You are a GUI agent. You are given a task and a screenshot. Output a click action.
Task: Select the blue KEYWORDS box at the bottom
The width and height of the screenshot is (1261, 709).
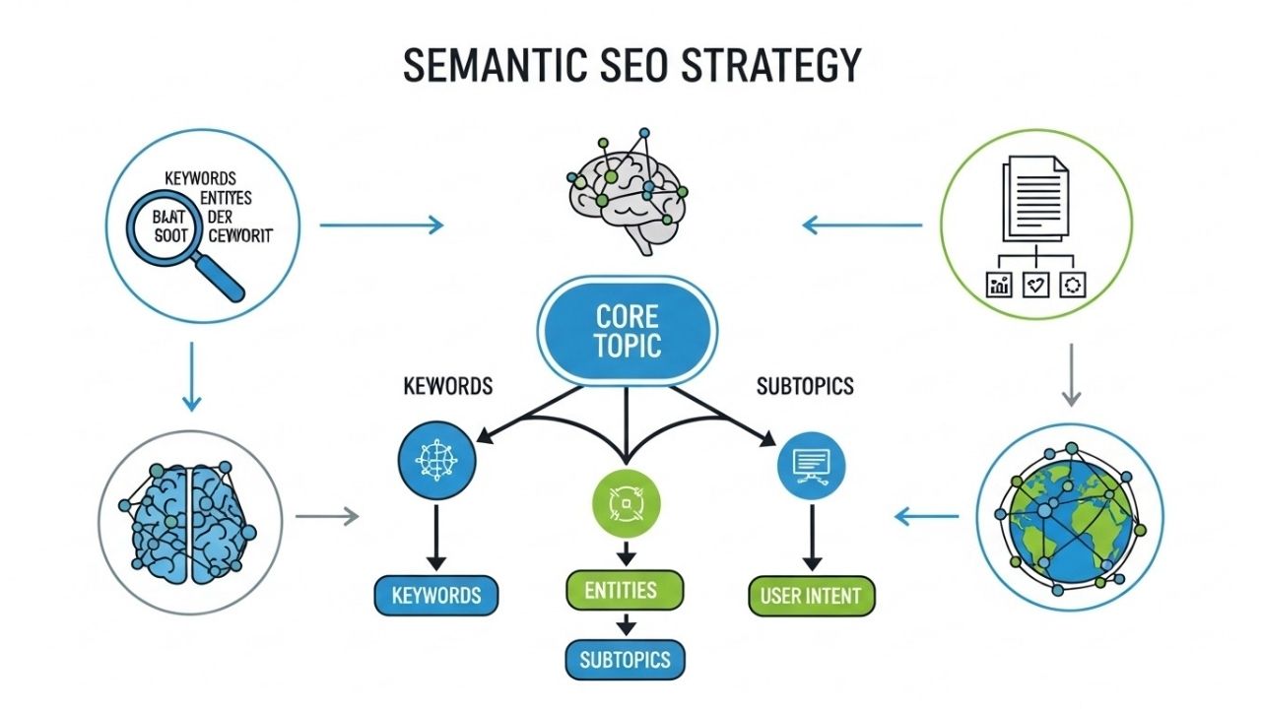pyautogui.click(x=436, y=595)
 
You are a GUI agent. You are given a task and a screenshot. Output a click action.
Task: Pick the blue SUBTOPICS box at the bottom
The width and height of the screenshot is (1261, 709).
pyautogui.click(x=625, y=659)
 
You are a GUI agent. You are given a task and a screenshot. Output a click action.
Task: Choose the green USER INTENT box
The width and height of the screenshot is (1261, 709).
pyautogui.click(x=811, y=595)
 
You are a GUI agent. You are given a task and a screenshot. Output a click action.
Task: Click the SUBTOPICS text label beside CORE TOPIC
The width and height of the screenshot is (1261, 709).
pyautogui.click(x=804, y=386)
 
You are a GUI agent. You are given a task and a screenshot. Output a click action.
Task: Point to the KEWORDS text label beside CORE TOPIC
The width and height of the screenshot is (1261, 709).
pyautogui.click(x=447, y=386)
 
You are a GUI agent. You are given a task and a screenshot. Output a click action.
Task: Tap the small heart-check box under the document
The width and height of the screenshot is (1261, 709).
pyautogui.click(x=1035, y=285)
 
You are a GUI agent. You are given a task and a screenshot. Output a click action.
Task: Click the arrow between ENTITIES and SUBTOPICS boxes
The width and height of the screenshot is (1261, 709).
pyautogui.click(x=623, y=625)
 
